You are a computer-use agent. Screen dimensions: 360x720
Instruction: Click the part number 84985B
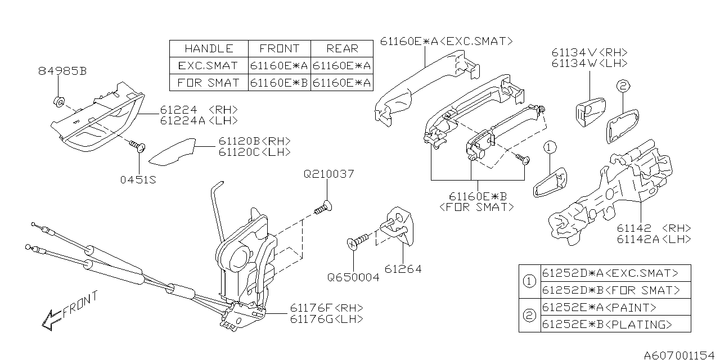(62, 71)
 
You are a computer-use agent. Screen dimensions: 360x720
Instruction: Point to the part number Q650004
(354, 277)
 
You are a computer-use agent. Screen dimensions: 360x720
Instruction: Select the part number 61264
(402, 269)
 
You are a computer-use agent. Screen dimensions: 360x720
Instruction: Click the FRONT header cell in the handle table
(279, 48)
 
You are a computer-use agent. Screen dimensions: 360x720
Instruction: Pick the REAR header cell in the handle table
(342, 48)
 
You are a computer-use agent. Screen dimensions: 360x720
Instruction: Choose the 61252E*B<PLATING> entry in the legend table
(606, 325)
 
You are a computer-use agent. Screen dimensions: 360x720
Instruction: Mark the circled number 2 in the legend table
(529, 316)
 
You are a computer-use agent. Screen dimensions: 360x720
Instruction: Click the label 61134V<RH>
(589, 52)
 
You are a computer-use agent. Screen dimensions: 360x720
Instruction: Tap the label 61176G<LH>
(326, 319)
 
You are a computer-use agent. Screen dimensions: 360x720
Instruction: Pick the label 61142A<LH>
(654, 239)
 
